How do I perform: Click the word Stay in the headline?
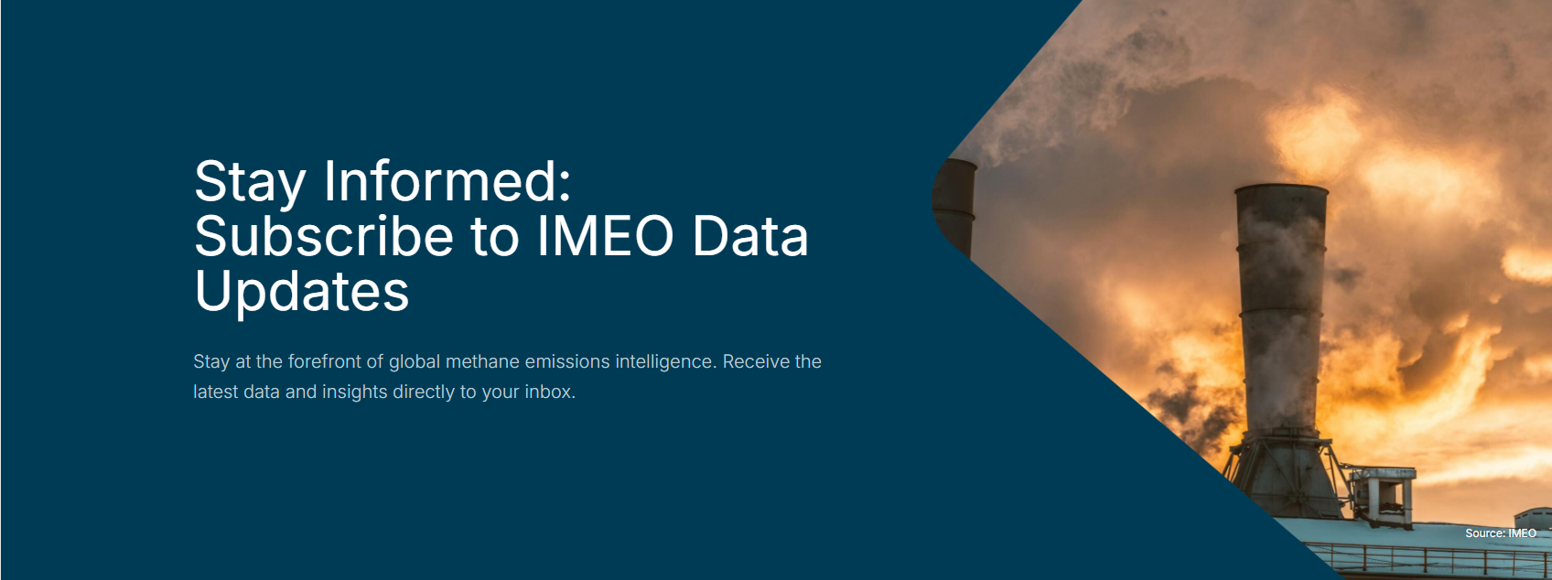(x=250, y=182)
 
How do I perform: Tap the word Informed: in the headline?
(x=447, y=181)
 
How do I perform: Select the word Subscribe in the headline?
(x=324, y=236)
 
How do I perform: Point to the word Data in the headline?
(x=749, y=236)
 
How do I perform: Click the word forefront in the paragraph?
(x=325, y=361)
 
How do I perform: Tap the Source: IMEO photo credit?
(x=1501, y=532)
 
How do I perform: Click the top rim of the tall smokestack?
(x=1281, y=188)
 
